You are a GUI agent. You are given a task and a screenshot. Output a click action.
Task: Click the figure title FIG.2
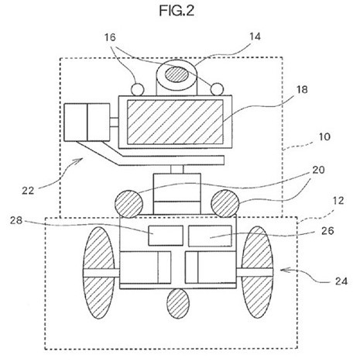(x=177, y=11)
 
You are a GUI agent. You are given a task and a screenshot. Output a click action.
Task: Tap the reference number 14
(x=255, y=36)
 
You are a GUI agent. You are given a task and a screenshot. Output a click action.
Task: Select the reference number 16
(x=110, y=37)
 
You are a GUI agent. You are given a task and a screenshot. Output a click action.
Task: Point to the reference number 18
(x=302, y=89)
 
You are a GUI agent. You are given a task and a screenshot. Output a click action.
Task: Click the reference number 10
(x=324, y=136)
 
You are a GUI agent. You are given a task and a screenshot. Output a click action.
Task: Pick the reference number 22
(x=28, y=191)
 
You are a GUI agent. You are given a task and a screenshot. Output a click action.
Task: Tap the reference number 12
(x=338, y=201)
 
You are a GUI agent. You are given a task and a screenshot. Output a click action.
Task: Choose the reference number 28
(x=16, y=220)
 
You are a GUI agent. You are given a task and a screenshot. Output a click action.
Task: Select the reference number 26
(x=327, y=231)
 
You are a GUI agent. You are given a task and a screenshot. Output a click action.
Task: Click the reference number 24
(x=341, y=281)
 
